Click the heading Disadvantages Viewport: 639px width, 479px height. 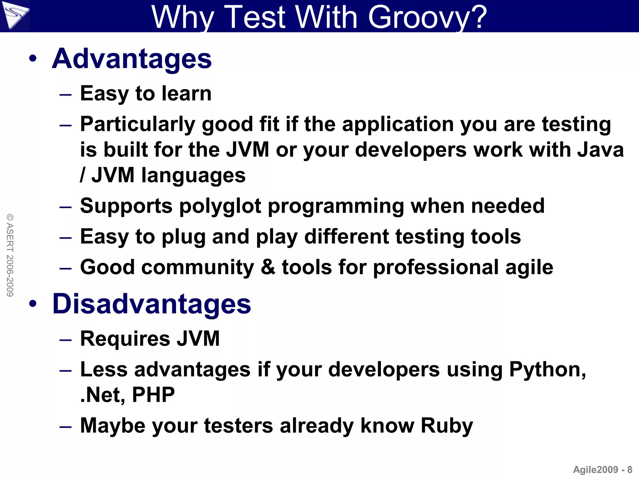point(152,304)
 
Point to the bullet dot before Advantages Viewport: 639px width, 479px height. point(33,59)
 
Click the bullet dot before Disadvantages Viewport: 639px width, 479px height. point(33,304)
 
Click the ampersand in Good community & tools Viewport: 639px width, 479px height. point(268,267)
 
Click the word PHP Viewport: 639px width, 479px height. point(153,395)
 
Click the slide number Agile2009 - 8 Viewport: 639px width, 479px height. point(602,470)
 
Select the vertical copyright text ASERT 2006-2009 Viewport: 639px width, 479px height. point(10,255)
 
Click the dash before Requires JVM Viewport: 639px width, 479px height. point(66,339)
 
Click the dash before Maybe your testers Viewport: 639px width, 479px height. point(66,426)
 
